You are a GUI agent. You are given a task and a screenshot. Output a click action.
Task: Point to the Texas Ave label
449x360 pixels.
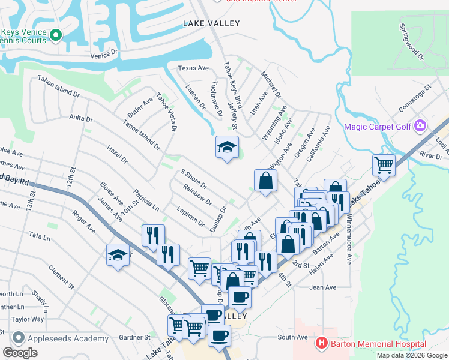[x=193, y=68]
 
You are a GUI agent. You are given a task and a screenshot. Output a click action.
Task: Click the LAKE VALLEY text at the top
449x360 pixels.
[x=211, y=23]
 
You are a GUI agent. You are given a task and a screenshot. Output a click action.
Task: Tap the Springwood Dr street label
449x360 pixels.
[x=412, y=42]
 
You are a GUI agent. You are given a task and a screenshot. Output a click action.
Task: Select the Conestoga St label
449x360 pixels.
[x=415, y=100]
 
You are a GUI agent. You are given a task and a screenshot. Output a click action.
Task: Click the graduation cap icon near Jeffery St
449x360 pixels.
[x=228, y=148]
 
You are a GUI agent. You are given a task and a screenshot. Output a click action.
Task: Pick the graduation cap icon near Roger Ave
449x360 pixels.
[x=118, y=256]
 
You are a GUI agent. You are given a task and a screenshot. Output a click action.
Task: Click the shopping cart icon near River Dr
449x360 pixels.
[x=383, y=165]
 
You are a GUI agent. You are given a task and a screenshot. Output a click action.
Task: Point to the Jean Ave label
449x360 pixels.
[x=322, y=287]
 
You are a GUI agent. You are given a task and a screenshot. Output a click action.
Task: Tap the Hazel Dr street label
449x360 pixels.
[x=116, y=154]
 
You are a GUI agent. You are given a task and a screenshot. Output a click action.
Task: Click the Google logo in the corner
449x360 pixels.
[x=20, y=353]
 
